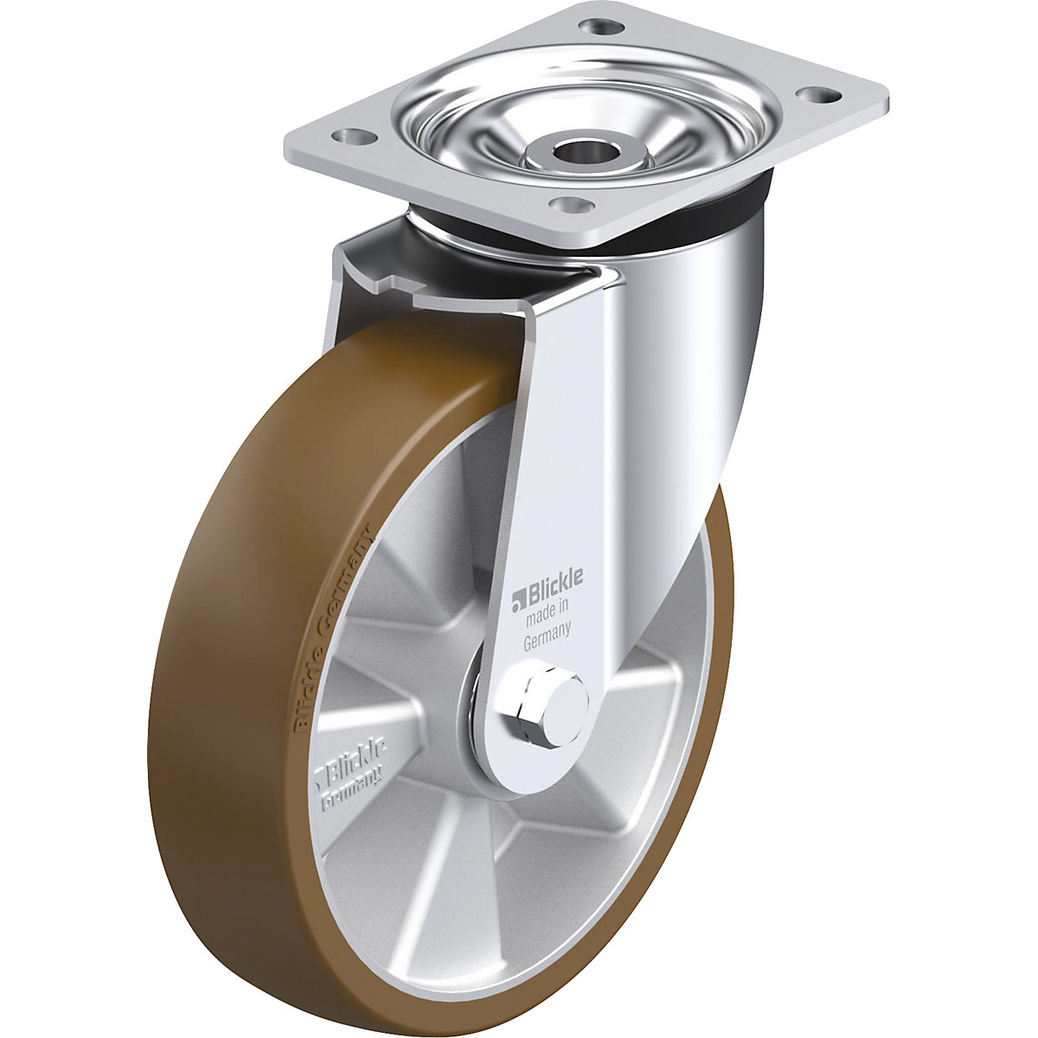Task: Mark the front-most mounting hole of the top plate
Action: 568,205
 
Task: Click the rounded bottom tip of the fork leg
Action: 519,783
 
